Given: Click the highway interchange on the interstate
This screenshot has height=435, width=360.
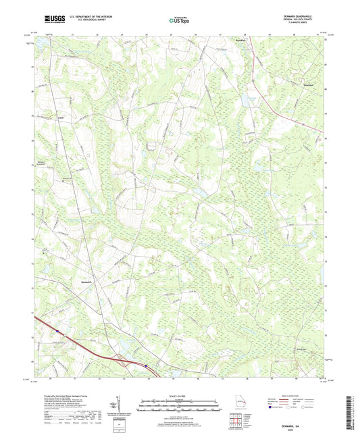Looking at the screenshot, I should pos(144,364).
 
